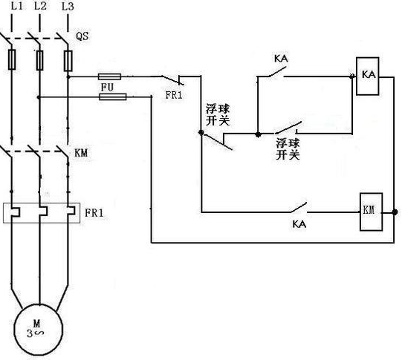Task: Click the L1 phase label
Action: click(x=17, y=6)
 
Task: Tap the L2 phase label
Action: click(x=41, y=6)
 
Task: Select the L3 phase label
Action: click(x=68, y=7)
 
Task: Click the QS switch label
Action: click(x=82, y=36)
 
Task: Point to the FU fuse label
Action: click(x=107, y=88)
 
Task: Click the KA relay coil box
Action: click(x=367, y=76)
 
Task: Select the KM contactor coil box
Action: click(x=371, y=212)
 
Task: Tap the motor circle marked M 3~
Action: click(x=39, y=330)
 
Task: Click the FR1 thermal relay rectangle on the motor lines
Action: click(x=42, y=213)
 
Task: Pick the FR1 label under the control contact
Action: click(x=174, y=95)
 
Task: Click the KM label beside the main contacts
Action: click(x=81, y=153)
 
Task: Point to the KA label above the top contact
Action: click(x=281, y=59)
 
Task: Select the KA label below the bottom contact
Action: click(x=299, y=224)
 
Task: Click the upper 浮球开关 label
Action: click(x=218, y=115)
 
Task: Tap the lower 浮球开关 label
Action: click(x=288, y=149)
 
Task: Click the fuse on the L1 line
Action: click(x=12, y=59)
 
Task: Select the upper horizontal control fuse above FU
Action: click(x=109, y=76)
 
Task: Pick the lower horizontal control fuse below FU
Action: click(x=113, y=96)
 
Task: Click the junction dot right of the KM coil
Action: click(x=395, y=212)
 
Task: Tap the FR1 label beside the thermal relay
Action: click(x=94, y=213)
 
